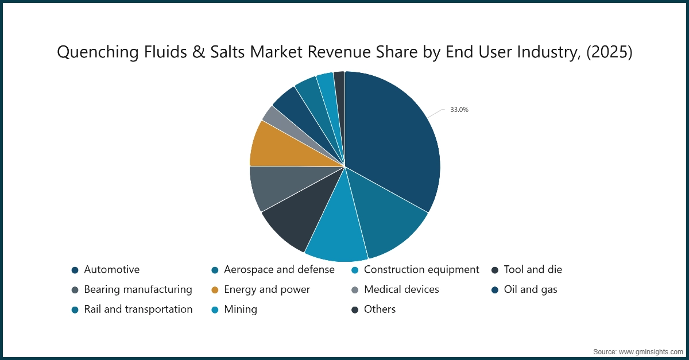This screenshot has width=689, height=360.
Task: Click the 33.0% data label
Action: tap(459, 110)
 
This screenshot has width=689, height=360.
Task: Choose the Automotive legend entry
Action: tap(111, 269)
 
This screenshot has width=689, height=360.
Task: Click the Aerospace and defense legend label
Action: tap(279, 269)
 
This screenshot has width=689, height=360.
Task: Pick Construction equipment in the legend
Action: tap(421, 269)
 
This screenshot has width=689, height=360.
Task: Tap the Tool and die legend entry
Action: tap(533, 269)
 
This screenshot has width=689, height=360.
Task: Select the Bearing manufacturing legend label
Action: tap(138, 289)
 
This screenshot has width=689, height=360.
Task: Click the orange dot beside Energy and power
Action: tap(215, 290)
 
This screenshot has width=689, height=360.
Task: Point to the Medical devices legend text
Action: tap(401, 289)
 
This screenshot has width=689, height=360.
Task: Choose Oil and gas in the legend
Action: tap(531, 289)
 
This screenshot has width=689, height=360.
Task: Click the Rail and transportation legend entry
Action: tap(138, 309)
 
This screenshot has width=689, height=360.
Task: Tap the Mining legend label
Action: tap(241, 309)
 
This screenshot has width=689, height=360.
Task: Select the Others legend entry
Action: tap(380, 309)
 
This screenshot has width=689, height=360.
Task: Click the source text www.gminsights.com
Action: tap(651, 351)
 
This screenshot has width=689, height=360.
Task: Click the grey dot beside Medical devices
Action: tap(355, 290)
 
